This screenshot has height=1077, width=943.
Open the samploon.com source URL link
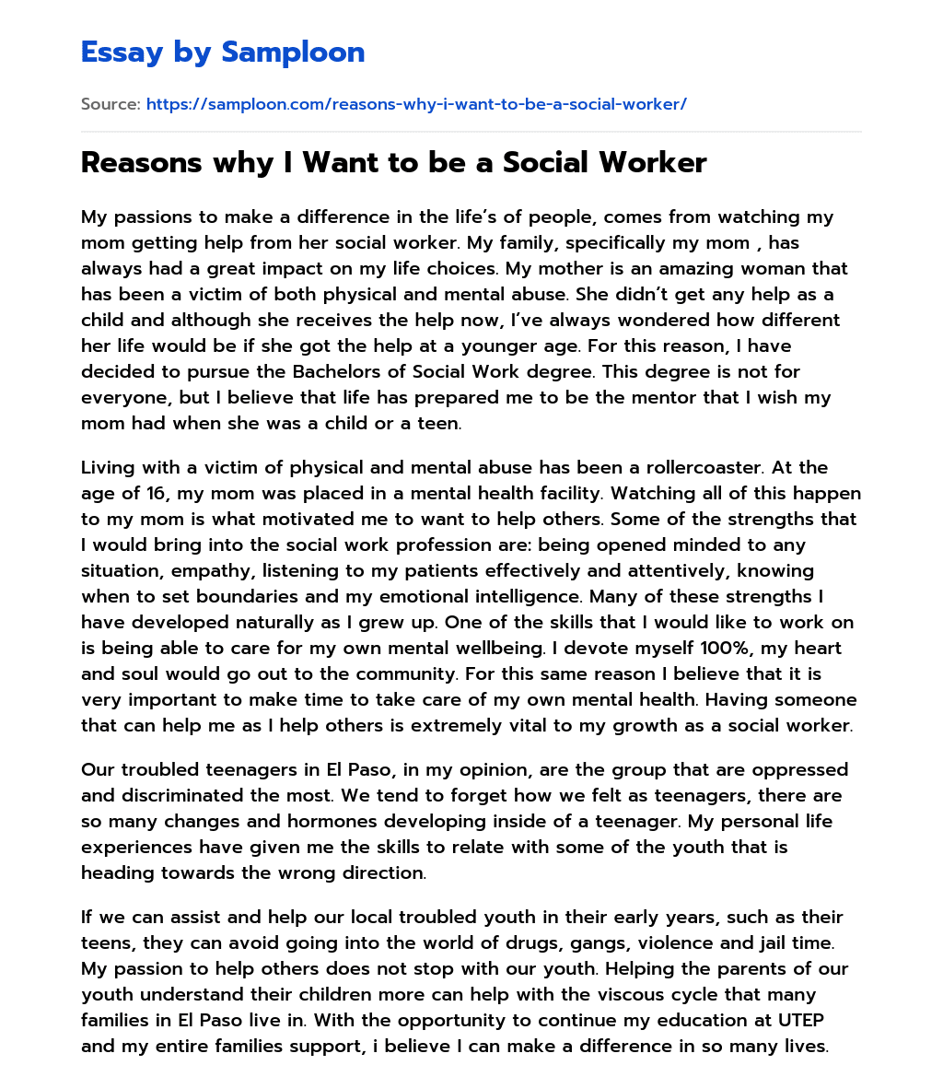[x=416, y=104]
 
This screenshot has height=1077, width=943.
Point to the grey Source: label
[x=111, y=104]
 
